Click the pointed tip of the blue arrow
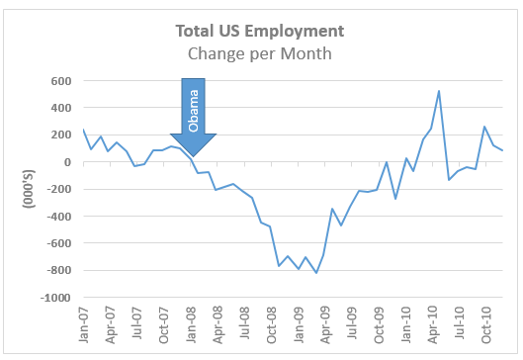194,156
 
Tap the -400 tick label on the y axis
60,217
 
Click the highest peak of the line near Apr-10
438,91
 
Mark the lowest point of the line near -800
316,273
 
